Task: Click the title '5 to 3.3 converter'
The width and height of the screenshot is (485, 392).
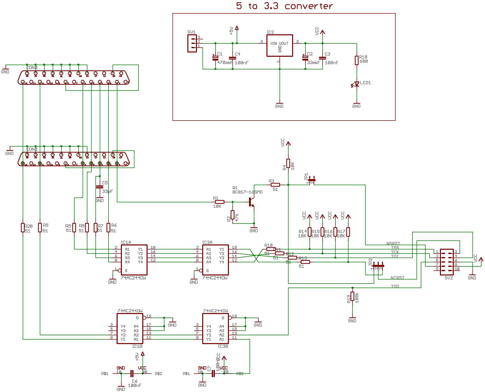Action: (x=284, y=6)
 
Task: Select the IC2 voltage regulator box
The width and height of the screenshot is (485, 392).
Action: (x=280, y=46)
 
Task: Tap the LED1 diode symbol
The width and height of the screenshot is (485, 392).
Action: (x=357, y=84)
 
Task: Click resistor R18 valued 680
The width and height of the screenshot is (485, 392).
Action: (x=357, y=61)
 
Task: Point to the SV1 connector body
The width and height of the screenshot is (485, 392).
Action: (x=192, y=43)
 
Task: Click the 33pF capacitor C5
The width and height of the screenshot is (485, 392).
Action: (x=100, y=187)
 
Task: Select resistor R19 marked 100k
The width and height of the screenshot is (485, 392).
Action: (x=352, y=296)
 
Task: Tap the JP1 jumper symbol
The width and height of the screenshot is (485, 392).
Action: (x=312, y=180)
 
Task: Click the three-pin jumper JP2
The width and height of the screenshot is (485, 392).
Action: (x=378, y=266)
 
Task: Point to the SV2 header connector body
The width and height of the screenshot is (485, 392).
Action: (x=447, y=262)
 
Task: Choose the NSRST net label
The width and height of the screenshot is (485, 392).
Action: (x=393, y=243)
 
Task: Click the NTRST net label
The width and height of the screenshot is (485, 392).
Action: (x=397, y=278)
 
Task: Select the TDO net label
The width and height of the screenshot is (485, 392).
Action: (x=395, y=286)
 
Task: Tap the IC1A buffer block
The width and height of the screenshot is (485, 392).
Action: (x=134, y=260)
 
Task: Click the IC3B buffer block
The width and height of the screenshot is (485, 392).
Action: (x=216, y=328)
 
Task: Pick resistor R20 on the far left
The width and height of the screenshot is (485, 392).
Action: (x=23, y=228)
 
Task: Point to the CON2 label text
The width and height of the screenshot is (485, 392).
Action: (x=32, y=149)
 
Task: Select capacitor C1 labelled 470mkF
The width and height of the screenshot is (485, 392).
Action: (x=215, y=58)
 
